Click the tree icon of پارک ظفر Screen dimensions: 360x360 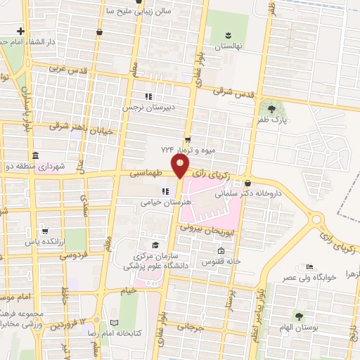[x=271, y=108]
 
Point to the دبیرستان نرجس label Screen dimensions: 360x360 [x=148, y=108]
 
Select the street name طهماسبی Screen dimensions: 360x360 [x=148, y=173]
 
